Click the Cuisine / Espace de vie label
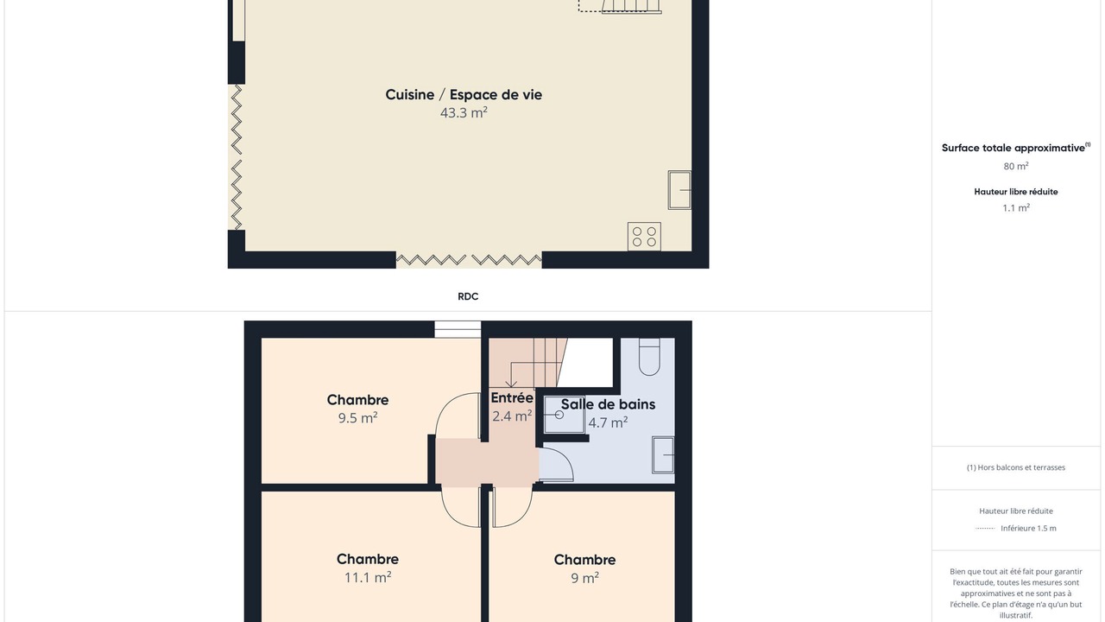(x=464, y=95)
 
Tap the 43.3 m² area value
(x=464, y=113)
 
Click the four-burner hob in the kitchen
(x=644, y=237)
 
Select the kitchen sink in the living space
(x=679, y=190)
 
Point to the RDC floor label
(x=468, y=296)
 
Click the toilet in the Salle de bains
(x=649, y=357)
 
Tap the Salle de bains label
(x=608, y=404)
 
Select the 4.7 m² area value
(x=608, y=423)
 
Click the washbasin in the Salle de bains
(x=663, y=455)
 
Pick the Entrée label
(x=512, y=398)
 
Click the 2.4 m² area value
(x=512, y=416)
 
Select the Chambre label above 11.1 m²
(x=368, y=559)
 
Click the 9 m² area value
(x=585, y=578)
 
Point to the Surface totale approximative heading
(x=1016, y=148)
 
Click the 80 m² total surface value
(x=1016, y=167)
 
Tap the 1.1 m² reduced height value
(x=1016, y=208)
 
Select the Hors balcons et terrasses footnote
(x=1016, y=467)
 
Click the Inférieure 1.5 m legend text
(x=1028, y=528)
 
